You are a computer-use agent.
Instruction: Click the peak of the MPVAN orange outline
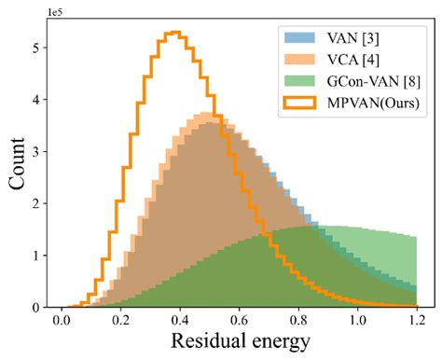point(173,33)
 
